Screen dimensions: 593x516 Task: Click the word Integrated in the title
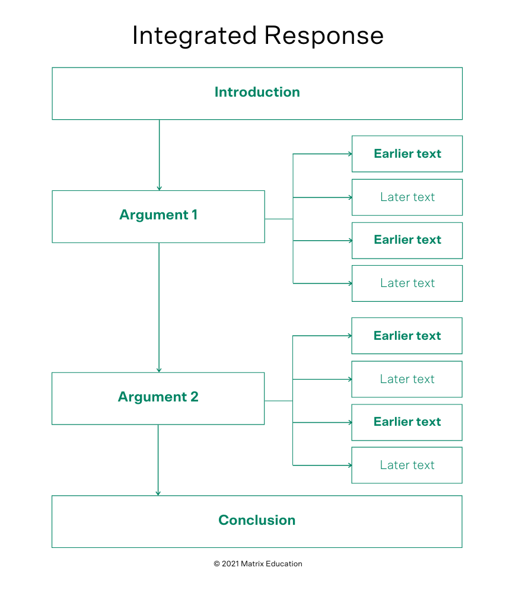(x=195, y=36)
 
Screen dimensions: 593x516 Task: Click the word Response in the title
(x=324, y=36)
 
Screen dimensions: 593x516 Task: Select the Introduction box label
(x=257, y=93)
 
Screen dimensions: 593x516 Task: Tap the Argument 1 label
(x=158, y=215)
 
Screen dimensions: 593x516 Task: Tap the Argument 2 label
(x=158, y=397)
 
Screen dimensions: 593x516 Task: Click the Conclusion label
(x=257, y=521)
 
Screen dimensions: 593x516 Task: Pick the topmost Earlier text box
(x=407, y=154)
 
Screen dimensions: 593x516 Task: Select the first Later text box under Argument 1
(x=407, y=197)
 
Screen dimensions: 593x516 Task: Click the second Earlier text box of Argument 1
(x=407, y=240)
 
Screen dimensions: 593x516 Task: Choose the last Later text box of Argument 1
(x=407, y=283)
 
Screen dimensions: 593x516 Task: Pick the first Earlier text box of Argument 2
(x=407, y=336)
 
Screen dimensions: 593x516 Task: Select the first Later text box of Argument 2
(x=407, y=380)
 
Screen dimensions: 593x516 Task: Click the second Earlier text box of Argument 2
(x=407, y=422)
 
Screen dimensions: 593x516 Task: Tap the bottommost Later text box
(x=407, y=466)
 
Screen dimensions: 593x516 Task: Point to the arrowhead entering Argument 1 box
(x=159, y=188)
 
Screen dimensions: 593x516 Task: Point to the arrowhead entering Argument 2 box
(x=159, y=370)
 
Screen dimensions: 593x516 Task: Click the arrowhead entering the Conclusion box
(x=158, y=493)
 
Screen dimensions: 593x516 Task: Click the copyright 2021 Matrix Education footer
(x=258, y=564)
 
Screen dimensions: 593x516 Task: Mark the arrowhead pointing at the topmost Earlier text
(x=349, y=154)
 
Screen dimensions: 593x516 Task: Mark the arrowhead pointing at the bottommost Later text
(x=349, y=466)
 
